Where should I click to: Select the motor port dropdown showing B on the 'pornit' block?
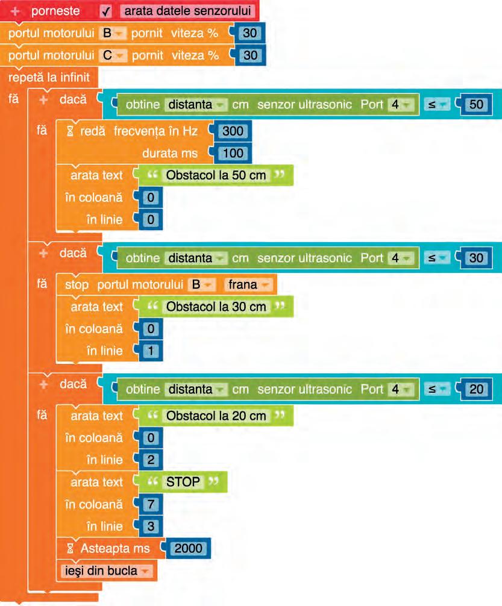111,34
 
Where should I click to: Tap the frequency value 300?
233,131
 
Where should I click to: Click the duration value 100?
233,153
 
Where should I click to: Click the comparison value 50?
476,105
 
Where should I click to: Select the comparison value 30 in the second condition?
476,258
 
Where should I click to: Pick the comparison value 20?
476,389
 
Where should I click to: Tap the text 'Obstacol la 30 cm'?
216,307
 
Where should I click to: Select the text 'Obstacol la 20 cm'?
216,416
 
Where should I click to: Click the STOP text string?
183,482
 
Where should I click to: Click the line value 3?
151,526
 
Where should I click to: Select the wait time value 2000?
189,549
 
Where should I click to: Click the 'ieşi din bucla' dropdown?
105,570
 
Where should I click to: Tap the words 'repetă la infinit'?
49,77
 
